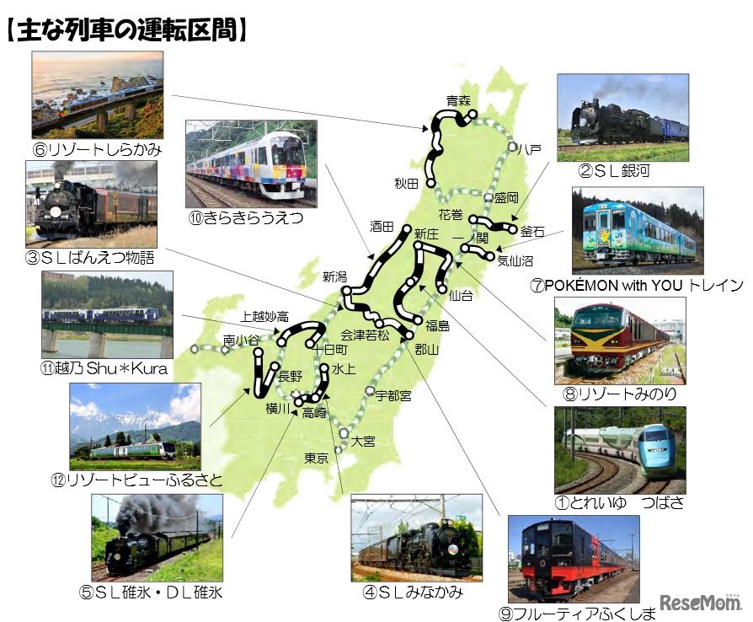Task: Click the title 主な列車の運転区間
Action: click(x=126, y=30)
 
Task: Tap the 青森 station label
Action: click(x=458, y=101)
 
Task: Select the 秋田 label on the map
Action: click(x=406, y=183)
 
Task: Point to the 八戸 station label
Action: click(x=530, y=148)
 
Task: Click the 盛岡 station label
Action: click(x=506, y=197)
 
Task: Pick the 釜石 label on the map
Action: click(x=533, y=231)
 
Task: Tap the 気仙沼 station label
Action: click(x=514, y=260)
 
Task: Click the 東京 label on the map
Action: click(x=316, y=458)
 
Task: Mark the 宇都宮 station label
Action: click(x=393, y=394)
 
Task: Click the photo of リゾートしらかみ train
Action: click(x=98, y=94)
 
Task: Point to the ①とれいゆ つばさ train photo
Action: click(x=620, y=450)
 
